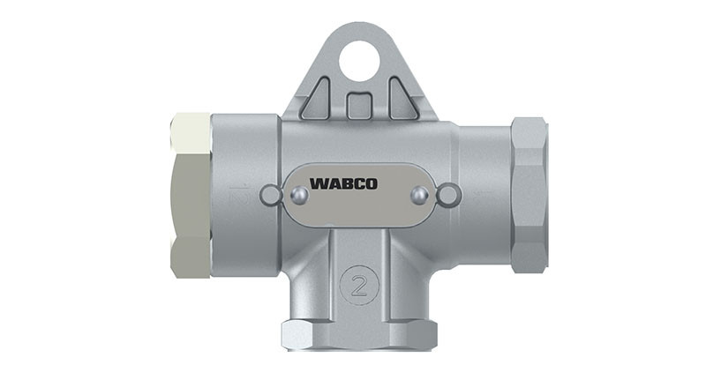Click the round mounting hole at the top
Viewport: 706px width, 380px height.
(359, 61)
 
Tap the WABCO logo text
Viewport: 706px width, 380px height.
(343, 184)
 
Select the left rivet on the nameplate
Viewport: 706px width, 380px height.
(297, 196)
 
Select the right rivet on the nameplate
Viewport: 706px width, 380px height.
(421, 195)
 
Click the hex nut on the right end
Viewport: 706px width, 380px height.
(529, 194)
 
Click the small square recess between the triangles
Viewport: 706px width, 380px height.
(359, 105)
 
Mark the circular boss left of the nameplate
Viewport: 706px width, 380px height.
(270, 195)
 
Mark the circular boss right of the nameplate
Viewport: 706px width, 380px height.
(448, 195)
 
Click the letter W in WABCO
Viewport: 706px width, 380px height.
(316, 184)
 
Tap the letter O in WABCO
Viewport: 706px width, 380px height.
(371, 184)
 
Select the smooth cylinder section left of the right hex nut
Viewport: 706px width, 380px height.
(484, 194)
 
